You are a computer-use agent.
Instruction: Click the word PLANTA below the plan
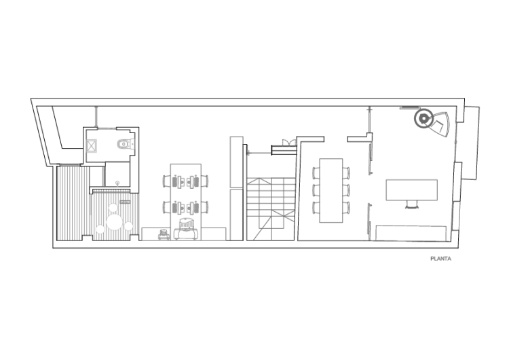click(x=440, y=259)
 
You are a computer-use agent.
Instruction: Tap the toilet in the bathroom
click(x=126, y=143)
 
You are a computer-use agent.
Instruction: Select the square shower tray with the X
click(x=92, y=146)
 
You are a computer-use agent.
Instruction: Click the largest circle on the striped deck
click(x=114, y=223)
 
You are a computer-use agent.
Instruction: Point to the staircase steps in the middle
click(x=271, y=209)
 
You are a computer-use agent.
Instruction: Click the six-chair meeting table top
click(x=331, y=190)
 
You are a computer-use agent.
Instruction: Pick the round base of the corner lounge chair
click(x=423, y=119)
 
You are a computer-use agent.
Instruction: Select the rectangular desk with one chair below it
click(x=412, y=190)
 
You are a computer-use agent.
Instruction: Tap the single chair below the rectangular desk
click(x=412, y=204)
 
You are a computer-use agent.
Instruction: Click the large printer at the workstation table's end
click(x=186, y=229)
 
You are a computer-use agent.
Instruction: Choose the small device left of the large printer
click(x=164, y=234)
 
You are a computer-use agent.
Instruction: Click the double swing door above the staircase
click(x=289, y=143)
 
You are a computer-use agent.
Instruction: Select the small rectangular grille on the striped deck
click(x=125, y=202)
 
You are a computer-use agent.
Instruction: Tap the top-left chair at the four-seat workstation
click(x=166, y=181)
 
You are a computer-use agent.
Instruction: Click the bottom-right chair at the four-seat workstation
click(x=204, y=207)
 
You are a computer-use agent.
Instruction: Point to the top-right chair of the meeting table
click(x=346, y=173)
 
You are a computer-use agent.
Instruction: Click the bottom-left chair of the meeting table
click(x=316, y=208)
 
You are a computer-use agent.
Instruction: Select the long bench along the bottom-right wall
click(x=411, y=233)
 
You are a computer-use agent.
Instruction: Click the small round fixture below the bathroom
click(x=117, y=183)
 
